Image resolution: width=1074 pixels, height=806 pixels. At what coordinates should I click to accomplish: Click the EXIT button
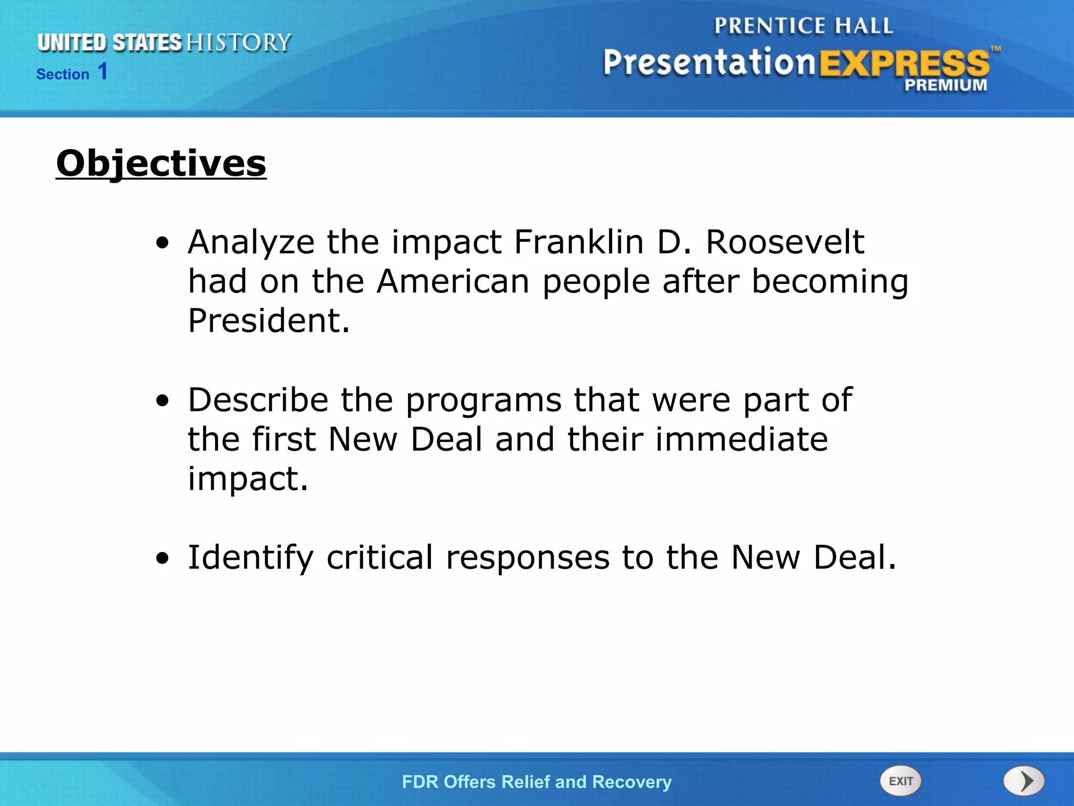[x=900, y=781]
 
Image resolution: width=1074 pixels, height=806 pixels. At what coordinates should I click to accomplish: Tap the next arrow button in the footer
[x=1024, y=781]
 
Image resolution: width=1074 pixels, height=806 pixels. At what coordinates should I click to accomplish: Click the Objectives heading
[x=161, y=163]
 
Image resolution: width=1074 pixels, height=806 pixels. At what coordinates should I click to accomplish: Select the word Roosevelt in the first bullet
[x=785, y=242]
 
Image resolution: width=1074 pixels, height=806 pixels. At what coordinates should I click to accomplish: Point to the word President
[x=268, y=321]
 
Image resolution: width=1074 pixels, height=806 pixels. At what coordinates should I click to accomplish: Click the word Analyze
[x=251, y=242]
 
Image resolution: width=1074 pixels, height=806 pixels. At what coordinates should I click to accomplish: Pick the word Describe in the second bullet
[x=258, y=400]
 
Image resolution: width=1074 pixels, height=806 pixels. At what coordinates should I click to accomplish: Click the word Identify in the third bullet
[x=251, y=557]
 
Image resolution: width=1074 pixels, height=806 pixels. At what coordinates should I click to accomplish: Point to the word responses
[x=528, y=558]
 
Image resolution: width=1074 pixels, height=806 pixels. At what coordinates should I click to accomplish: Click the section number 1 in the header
[x=103, y=71]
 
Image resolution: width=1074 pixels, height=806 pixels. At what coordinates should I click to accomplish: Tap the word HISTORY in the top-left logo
[x=239, y=43]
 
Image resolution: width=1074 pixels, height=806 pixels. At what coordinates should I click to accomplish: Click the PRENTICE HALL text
[x=803, y=26]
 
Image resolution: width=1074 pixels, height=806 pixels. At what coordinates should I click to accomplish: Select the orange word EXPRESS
[x=904, y=63]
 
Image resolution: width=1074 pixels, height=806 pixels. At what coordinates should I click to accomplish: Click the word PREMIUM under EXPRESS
[x=945, y=85]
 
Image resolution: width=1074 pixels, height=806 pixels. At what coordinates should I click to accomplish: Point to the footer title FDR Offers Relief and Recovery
[x=536, y=782]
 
